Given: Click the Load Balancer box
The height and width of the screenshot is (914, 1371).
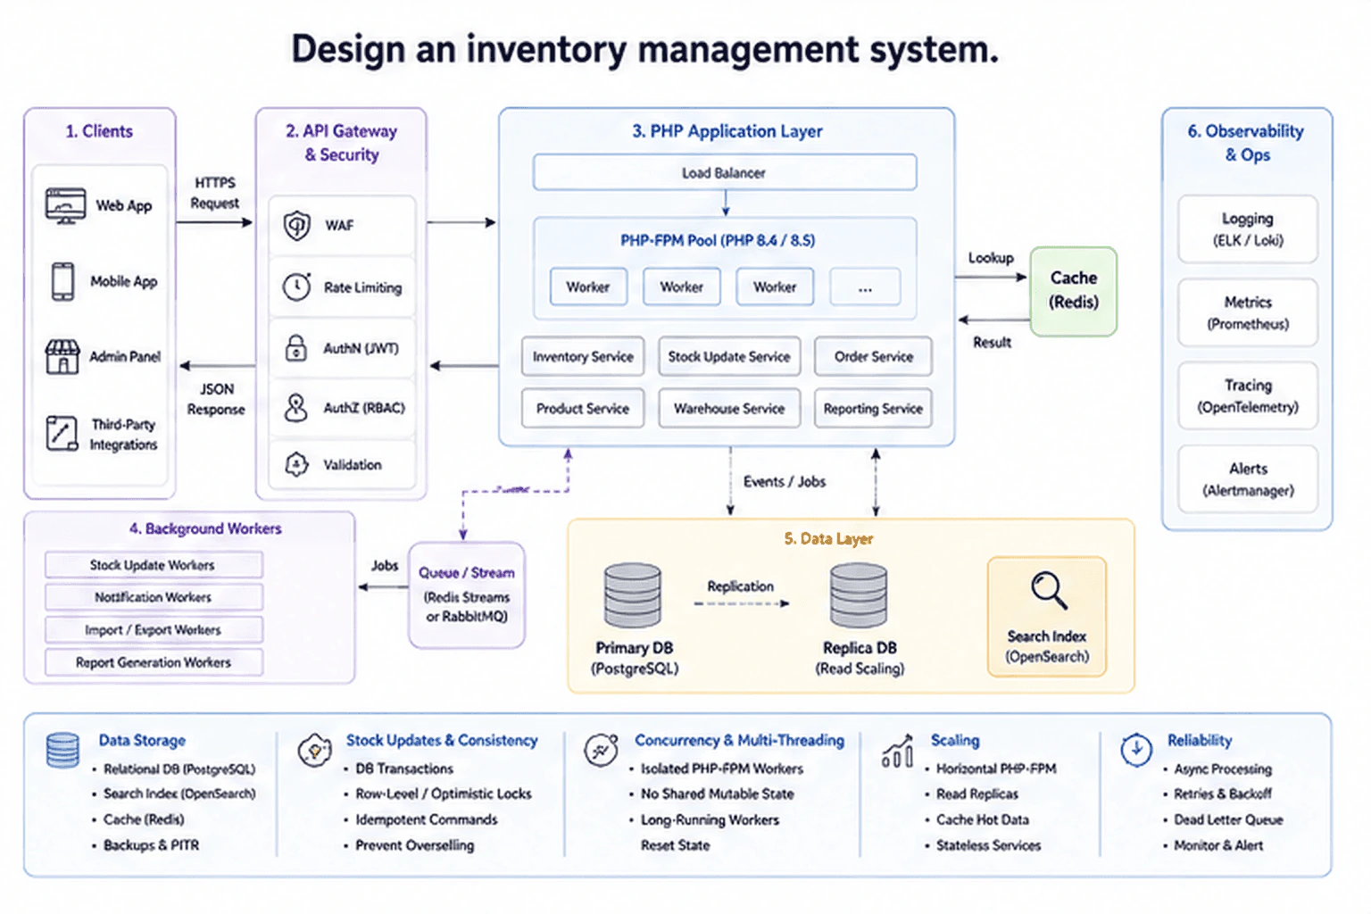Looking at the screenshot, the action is pyautogui.click(x=725, y=172).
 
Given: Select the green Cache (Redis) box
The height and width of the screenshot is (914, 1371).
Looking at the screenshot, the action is pyautogui.click(x=1074, y=291).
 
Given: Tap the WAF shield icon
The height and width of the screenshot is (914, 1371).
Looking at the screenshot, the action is pyautogui.click(x=297, y=225).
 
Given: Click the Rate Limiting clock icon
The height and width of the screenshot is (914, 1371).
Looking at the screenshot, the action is pyautogui.click(x=297, y=287).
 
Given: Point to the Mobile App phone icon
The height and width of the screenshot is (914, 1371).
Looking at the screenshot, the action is pyautogui.click(x=63, y=281).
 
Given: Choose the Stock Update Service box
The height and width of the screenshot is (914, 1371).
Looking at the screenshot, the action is pyautogui.click(x=729, y=356).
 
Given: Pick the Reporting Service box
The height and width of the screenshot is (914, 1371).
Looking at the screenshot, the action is pyautogui.click(x=873, y=408).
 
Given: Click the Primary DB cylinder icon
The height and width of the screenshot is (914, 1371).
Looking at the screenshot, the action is pyautogui.click(x=632, y=595).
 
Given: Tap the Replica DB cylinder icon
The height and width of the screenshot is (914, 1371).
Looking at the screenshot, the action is pyautogui.click(x=859, y=595).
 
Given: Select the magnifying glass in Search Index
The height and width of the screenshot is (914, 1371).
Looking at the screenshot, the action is pyautogui.click(x=1049, y=589).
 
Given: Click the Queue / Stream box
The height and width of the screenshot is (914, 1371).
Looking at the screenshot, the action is pyautogui.click(x=467, y=594).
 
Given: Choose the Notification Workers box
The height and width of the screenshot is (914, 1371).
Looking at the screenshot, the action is pyautogui.click(x=154, y=597).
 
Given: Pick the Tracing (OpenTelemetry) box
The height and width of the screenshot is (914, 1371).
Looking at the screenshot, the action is pyautogui.click(x=1248, y=396).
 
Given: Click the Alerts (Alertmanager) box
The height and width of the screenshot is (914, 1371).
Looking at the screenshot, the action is pyautogui.click(x=1248, y=479).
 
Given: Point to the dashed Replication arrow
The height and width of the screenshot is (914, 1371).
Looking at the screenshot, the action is pyautogui.click(x=741, y=603).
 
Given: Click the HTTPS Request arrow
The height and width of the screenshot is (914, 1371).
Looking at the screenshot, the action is pyautogui.click(x=214, y=222).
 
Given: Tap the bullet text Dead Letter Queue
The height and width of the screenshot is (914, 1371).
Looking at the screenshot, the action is pyautogui.click(x=1228, y=819).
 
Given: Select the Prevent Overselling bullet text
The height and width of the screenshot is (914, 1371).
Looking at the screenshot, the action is pyautogui.click(x=415, y=845).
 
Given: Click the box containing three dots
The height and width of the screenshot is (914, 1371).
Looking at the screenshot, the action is pyautogui.click(x=865, y=287).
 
